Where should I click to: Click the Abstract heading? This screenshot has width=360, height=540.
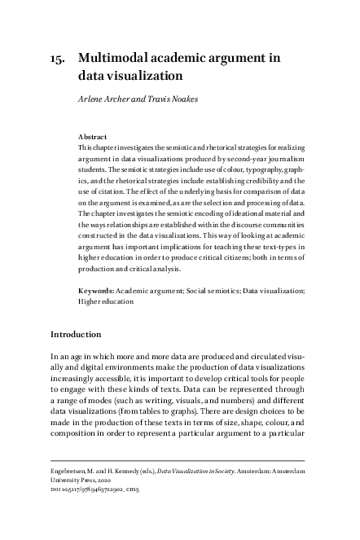92,138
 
